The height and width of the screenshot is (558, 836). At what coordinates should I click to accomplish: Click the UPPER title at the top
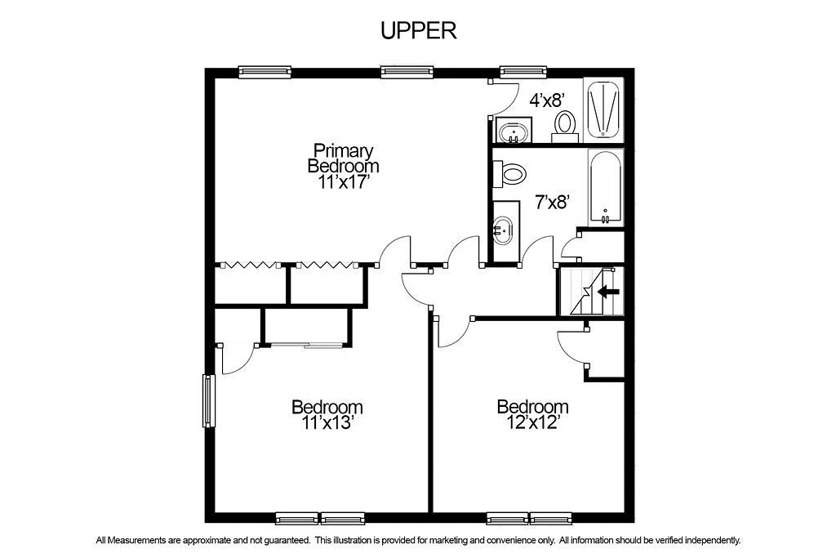419,30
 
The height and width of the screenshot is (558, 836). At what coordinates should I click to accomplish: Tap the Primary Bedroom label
344,158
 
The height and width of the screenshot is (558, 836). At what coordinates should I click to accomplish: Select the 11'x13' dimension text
327,423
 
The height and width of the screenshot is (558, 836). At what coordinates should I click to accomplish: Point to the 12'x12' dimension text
532,422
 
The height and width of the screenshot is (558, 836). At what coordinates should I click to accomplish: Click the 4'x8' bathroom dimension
546,100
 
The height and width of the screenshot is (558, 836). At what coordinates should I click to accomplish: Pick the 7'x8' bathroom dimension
554,202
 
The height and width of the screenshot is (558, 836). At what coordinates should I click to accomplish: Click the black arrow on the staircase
608,292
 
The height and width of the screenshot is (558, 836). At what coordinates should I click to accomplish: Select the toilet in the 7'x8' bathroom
509,174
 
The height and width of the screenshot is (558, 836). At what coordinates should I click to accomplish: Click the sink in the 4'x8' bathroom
514,131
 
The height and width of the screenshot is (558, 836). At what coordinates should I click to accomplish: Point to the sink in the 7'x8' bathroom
502,231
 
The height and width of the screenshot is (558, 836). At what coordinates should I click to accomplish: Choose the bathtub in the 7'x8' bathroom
606,187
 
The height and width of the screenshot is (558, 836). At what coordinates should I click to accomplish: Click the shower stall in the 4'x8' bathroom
603,110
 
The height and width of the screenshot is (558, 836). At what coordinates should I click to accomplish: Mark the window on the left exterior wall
208,400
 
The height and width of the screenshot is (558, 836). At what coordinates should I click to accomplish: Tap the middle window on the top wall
407,71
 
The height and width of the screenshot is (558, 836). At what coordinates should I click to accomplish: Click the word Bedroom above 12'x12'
532,407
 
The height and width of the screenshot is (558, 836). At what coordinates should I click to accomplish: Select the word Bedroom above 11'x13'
327,407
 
